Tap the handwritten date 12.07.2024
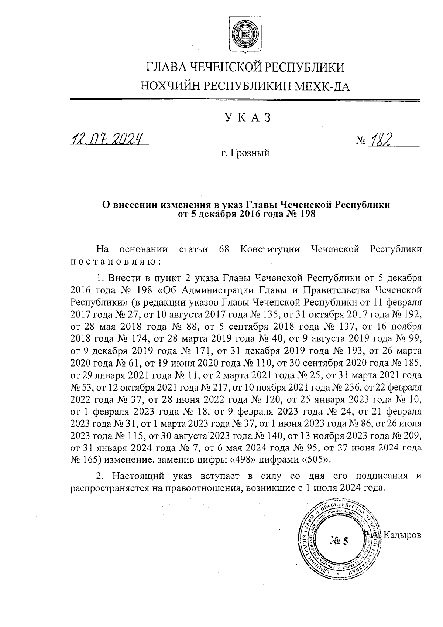[108, 139]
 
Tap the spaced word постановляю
[115, 262]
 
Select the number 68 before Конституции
[224, 249]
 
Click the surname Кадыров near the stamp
[402, 535]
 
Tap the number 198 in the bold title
[307, 214]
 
